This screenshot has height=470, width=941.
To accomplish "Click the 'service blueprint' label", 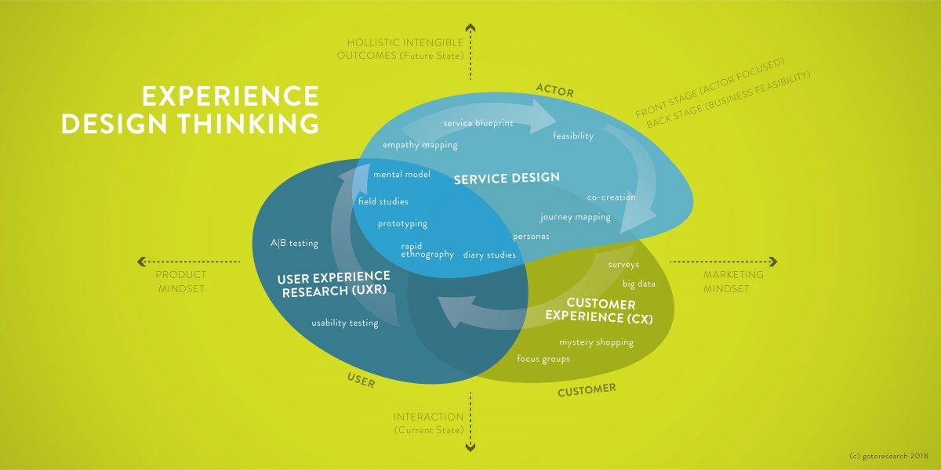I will click(x=478, y=124).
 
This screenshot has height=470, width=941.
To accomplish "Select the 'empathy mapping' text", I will click(x=420, y=145).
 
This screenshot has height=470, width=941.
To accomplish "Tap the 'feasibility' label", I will click(x=573, y=136).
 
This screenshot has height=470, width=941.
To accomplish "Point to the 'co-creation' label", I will click(x=611, y=197).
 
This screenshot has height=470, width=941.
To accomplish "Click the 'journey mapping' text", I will click(x=575, y=217).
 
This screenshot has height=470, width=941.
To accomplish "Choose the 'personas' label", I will click(x=531, y=236).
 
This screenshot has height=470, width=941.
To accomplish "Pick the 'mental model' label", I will click(x=401, y=174).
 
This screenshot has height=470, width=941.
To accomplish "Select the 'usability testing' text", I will click(x=344, y=323).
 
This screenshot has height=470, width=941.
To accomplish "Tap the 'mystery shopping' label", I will click(x=596, y=342).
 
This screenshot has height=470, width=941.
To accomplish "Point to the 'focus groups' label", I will click(x=543, y=359).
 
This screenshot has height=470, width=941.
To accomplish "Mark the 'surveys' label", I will click(x=623, y=265).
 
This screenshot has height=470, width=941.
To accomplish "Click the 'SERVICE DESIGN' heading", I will click(x=507, y=178).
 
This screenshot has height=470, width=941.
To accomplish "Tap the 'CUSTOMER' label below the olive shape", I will click(x=587, y=389).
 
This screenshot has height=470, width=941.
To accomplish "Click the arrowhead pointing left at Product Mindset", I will click(x=141, y=262).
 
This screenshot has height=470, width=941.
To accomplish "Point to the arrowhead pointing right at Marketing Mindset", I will click(x=772, y=262).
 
